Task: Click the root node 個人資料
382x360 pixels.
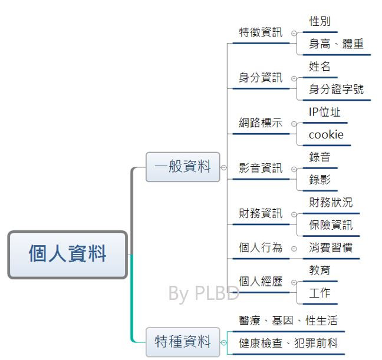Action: tap(68, 255)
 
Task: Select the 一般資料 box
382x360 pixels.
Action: tap(183, 167)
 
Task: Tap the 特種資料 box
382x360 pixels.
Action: tap(183, 341)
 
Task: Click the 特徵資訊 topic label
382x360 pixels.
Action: tap(261, 33)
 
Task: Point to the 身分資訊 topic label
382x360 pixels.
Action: tap(261, 78)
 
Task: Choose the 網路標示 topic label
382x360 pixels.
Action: tap(261, 123)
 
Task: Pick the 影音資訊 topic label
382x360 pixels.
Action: tap(261, 169)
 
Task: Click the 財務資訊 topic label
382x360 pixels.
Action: tap(261, 213)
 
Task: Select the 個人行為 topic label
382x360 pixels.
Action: tap(261, 248)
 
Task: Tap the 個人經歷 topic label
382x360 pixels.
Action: tap(261, 282)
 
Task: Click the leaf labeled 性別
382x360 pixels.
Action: tap(320, 22)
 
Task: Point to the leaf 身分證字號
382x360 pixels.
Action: tap(337, 90)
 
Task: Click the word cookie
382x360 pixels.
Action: tap(326, 135)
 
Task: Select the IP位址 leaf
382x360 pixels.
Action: tap(325, 112)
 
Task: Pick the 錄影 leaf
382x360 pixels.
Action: tap(320, 180)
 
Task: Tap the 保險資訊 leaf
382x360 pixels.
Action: tap(331, 225)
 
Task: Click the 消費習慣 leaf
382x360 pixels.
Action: tap(331, 248)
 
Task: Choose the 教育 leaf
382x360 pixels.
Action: tap(320, 270)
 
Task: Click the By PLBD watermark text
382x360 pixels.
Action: tap(203, 293)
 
